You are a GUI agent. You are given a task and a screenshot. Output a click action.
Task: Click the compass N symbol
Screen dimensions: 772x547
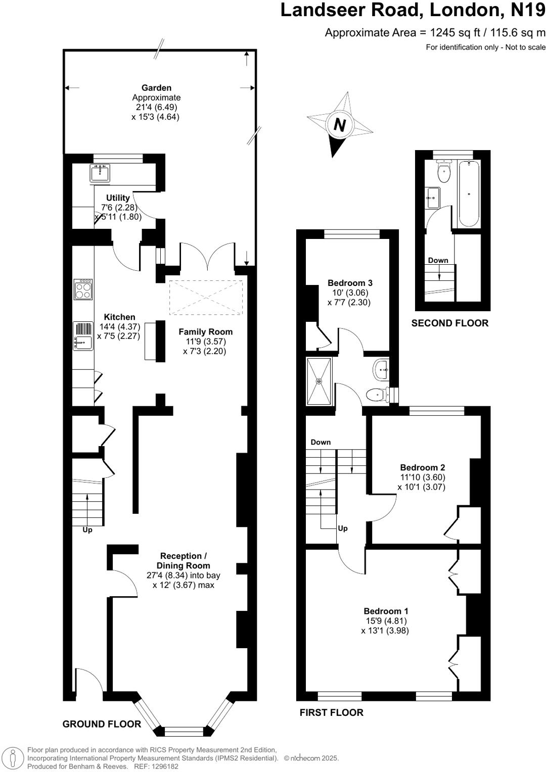pos(340,124)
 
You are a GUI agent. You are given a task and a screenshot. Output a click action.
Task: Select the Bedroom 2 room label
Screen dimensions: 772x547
pos(422,467)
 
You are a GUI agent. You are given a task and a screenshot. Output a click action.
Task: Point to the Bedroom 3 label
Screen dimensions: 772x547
pos(350,283)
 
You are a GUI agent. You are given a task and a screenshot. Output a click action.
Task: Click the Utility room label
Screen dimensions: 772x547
pos(118,198)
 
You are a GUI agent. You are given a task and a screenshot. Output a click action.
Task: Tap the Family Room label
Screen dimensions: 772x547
pos(205,332)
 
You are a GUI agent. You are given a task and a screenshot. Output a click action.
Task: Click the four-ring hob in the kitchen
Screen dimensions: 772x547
pos(83,289)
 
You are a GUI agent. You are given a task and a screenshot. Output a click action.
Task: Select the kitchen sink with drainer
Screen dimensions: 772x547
pos(83,336)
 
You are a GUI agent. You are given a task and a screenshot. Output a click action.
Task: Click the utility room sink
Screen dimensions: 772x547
pos(100,173)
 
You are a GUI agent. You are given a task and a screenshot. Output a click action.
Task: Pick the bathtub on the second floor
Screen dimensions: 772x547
pos(469,194)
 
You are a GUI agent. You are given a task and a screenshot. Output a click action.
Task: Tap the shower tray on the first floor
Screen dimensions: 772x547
pos(319,381)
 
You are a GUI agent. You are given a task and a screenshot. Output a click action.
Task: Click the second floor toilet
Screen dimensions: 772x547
pos(444,172)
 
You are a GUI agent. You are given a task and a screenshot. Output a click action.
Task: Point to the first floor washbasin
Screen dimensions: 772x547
pos(381,370)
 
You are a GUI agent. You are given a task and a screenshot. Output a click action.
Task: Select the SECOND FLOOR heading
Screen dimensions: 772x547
pos(449,323)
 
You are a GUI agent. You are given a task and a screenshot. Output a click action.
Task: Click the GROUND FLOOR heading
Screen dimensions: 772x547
pos(102,724)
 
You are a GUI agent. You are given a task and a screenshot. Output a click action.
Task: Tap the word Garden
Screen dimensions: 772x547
pos(156,88)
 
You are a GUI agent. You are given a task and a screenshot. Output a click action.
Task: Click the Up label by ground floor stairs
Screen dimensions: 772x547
pos(87,530)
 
